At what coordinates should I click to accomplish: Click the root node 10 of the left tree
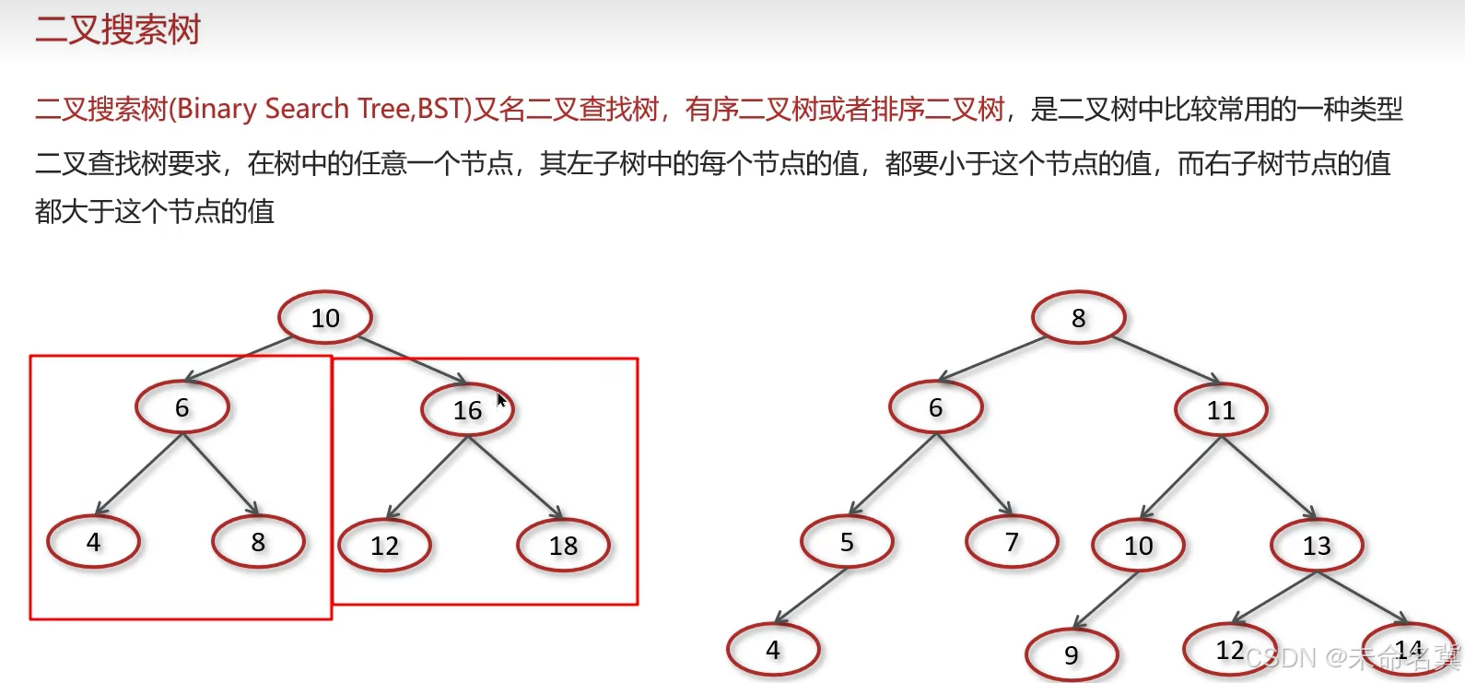pyautogui.click(x=325, y=318)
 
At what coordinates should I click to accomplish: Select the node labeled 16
pyautogui.click(x=467, y=410)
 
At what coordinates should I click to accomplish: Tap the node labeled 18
pyautogui.click(x=563, y=546)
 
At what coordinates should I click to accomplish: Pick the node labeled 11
pyautogui.click(x=1221, y=410)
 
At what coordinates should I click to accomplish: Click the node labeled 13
pyautogui.click(x=1317, y=546)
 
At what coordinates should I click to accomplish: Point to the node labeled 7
pyautogui.click(x=1012, y=542)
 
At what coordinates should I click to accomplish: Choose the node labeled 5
pyautogui.click(x=847, y=542)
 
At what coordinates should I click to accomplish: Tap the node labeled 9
pyautogui.click(x=1072, y=654)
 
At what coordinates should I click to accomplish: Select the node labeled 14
pyautogui.click(x=1408, y=650)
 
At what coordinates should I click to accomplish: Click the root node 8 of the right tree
pyautogui.click(x=1078, y=318)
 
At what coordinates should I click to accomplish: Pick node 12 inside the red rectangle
pyautogui.click(x=384, y=546)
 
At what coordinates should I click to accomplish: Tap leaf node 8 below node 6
pyautogui.click(x=258, y=542)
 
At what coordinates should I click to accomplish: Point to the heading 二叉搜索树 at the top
pyautogui.click(x=118, y=29)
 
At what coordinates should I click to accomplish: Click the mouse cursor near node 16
pyautogui.click(x=501, y=400)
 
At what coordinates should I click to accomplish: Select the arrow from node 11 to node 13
pyautogui.click(x=1269, y=477)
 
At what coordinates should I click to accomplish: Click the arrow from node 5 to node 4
pyautogui.click(x=811, y=595)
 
